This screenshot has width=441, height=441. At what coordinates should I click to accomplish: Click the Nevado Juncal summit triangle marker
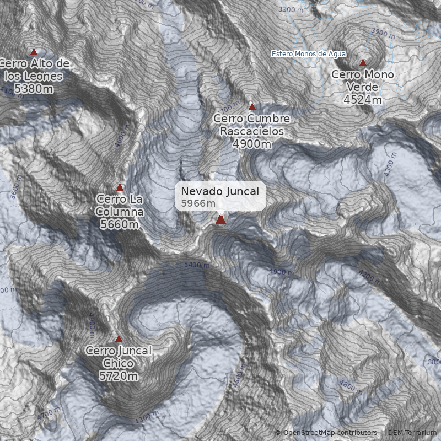(221, 220)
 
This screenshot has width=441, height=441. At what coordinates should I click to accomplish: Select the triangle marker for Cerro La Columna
(120, 187)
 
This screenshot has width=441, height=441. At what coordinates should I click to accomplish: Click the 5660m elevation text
(120, 224)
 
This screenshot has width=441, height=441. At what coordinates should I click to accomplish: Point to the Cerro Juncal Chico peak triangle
(119, 339)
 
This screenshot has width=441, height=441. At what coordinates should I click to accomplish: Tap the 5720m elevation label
(118, 376)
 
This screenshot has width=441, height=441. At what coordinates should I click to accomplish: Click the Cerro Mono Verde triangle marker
(363, 63)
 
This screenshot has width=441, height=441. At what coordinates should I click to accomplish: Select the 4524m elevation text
(362, 100)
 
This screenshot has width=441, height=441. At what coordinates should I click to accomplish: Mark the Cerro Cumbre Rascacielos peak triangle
(252, 106)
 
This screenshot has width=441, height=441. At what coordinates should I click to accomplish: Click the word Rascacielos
(252, 131)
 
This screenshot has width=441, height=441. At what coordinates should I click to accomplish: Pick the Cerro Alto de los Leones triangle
(34, 51)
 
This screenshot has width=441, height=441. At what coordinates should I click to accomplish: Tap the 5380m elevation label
(34, 88)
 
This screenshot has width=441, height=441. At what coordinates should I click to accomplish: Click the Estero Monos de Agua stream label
(309, 53)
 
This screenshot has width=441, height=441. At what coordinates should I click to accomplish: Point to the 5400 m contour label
(197, 265)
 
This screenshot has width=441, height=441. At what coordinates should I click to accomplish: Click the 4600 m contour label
(121, 135)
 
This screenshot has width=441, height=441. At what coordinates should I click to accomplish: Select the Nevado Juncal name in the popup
(220, 191)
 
